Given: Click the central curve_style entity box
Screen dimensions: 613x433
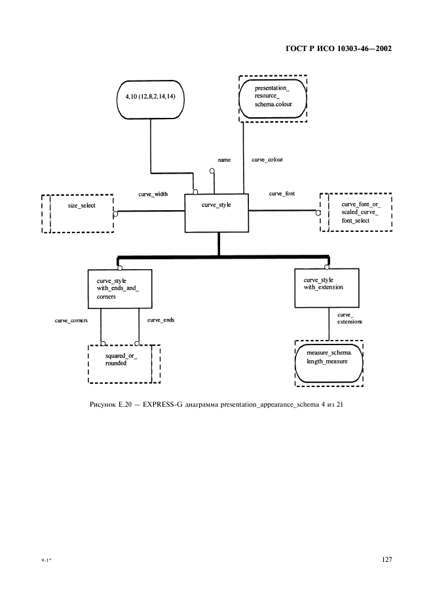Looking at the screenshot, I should pyautogui.click(x=217, y=213).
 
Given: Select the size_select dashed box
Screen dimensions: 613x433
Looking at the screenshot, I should pyautogui.click(x=78, y=213).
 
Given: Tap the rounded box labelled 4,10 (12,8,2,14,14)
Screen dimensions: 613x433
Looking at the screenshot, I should pyautogui.click(x=150, y=98).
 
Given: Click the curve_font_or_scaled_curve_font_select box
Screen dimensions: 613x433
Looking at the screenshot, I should pyautogui.click(x=356, y=212).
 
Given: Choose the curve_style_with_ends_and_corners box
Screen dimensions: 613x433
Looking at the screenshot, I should pyautogui.click(x=120, y=289).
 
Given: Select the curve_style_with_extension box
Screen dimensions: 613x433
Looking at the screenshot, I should pyautogui.click(x=327, y=288).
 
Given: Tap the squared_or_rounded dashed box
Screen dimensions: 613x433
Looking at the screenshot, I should pyautogui.click(x=124, y=363).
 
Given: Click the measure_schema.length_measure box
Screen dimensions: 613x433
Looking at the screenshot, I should pyautogui.click(x=328, y=362).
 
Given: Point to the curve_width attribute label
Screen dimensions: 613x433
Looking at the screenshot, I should pyautogui.click(x=152, y=194).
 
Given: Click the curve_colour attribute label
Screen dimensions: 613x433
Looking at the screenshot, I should pyautogui.click(x=267, y=159).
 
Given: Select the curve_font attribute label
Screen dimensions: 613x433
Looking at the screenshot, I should pyautogui.click(x=282, y=194).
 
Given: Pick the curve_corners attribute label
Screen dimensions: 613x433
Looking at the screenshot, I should pyautogui.click(x=71, y=320).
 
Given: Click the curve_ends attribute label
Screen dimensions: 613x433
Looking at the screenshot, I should pyautogui.click(x=160, y=320).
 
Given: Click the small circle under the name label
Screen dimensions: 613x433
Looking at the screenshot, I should pyautogui.click(x=212, y=172).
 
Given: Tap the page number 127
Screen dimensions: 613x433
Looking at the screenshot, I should pyautogui.click(x=386, y=560).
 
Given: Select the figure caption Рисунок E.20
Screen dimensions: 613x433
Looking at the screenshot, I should pyautogui.click(x=216, y=404).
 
